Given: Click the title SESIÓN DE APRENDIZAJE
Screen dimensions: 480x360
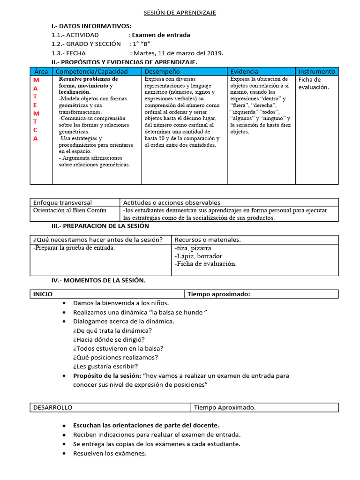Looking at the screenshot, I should (180, 13).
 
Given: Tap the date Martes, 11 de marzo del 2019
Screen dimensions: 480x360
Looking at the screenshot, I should (179, 53).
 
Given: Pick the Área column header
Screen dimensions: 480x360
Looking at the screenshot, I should (41, 71).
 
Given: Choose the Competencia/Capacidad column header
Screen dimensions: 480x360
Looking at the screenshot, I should (92, 71).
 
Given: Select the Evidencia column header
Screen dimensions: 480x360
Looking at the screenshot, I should (244, 71).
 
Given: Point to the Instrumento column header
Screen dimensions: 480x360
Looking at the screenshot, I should (317, 71).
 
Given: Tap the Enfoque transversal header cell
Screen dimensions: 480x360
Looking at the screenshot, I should (62, 202).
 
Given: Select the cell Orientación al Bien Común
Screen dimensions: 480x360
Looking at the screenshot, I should (70, 210).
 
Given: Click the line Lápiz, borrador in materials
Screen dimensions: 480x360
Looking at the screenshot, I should (198, 256).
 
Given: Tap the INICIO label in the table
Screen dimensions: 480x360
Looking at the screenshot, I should (43, 294).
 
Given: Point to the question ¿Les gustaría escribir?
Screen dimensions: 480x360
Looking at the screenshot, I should (105, 366).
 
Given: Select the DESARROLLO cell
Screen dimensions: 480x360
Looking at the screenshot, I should (52, 407).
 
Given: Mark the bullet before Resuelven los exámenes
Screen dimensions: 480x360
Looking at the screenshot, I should (64, 453).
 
